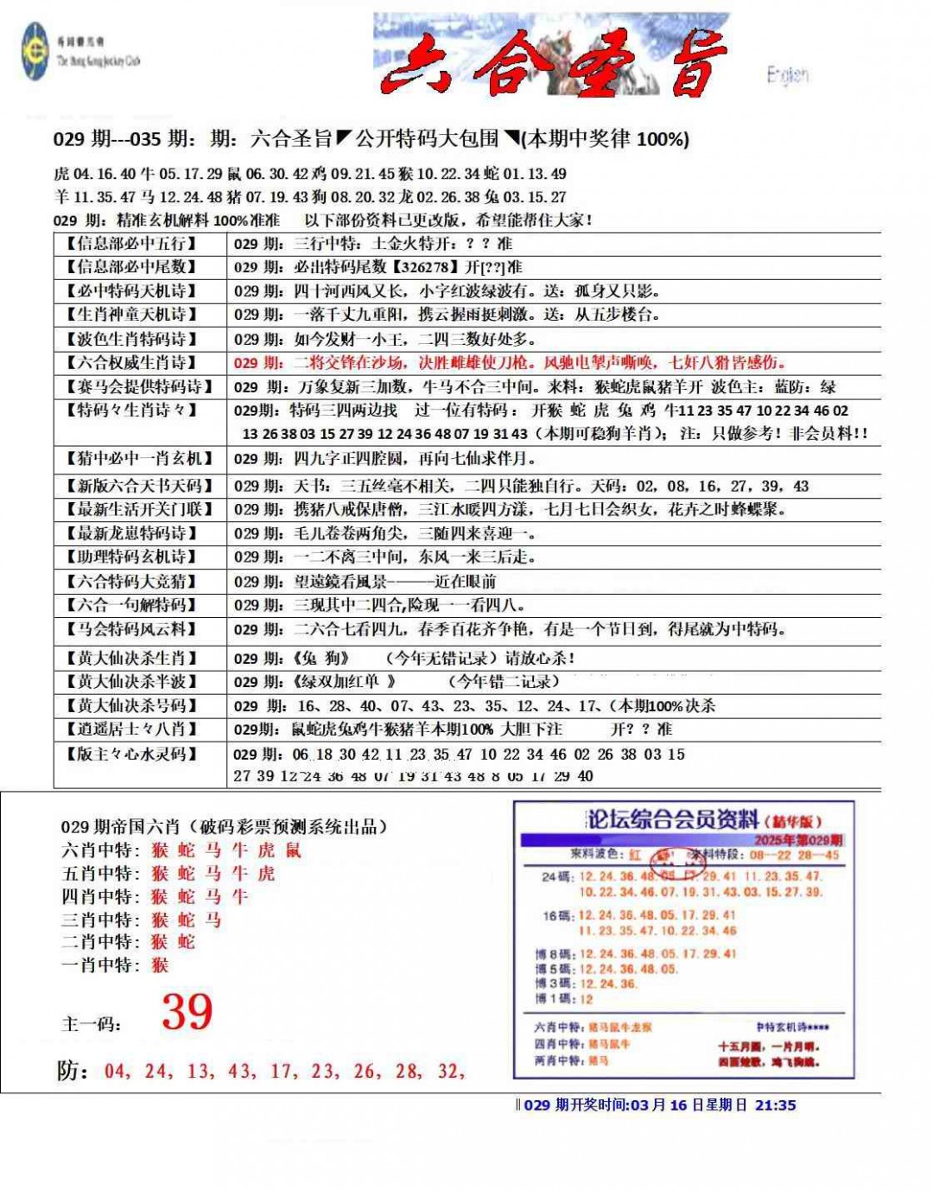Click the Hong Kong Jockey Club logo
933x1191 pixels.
pyautogui.click(x=35, y=51)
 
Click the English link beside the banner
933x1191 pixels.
pyautogui.click(x=787, y=75)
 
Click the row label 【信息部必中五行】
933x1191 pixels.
pyautogui.click(x=131, y=244)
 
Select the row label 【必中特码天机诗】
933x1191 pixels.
pyautogui.click(x=131, y=291)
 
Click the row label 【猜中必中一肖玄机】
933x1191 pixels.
pyautogui.click(x=138, y=458)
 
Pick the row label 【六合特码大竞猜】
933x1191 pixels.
pyautogui.click(x=131, y=582)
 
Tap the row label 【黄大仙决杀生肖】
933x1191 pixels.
pyautogui.click(x=131, y=659)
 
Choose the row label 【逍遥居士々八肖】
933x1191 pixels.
pyautogui.click(x=131, y=729)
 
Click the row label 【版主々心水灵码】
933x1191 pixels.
pyautogui.click(x=131, y=755)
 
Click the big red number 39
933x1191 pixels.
pyautogui.click(x=187, y=1012)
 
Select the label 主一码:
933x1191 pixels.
pyautogui.click(x=91, y=1025)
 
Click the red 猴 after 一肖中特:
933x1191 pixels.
pyautogui.click(x=160, y=965)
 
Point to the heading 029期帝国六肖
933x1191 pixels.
pyautogui.click(x=223, y=827)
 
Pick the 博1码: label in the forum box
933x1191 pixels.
pyautogui.click(x=552, y=999)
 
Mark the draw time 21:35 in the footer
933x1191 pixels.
pyautogui.click(x=776, y=1105)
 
